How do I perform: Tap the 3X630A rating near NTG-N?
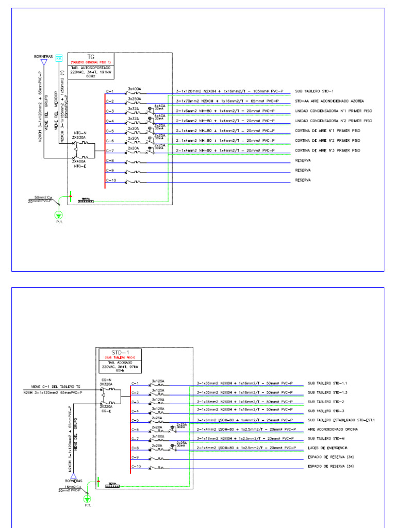tap(79, 138)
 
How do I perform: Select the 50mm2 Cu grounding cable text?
tap(43, 197)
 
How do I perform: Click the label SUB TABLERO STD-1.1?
tap(327, 384)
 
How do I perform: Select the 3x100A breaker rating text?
tap(158, 436)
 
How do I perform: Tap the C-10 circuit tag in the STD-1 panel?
tap(136, 466)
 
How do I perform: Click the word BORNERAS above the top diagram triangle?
tap(43, 55)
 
